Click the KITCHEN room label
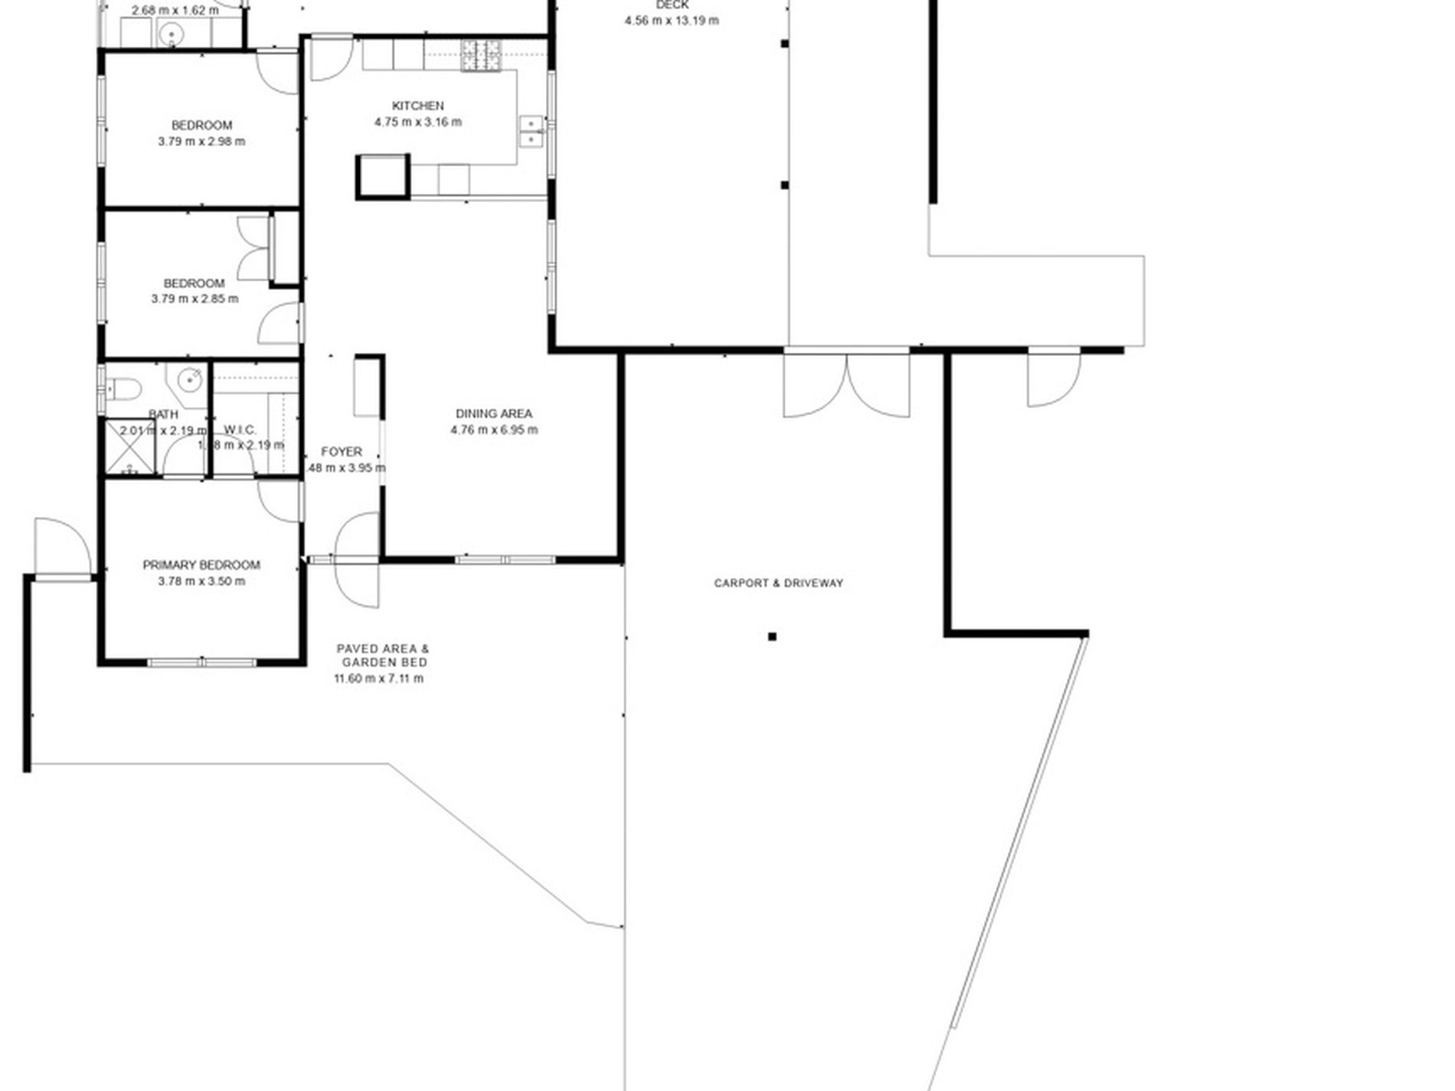click(x=417, y=106)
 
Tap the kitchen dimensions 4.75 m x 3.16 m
click(x=417, y=122)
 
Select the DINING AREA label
click(x=493, y=413)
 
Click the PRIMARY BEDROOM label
click(x=201, y=565)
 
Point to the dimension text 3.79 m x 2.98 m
click(x=201, y=142)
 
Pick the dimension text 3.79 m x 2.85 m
click(x=195, y=299)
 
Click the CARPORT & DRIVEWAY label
click(x=778, y=583)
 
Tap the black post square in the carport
click(x=772, y=636)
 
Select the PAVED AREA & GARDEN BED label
click(x=383, y=655)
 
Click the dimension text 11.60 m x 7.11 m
click(x=378, y=678)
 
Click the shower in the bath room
click(x=129, y=448)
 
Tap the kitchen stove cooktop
click(x=480, y=56)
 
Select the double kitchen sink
click(x=531, y=131)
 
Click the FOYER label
click(x=341, y=452)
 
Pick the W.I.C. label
click(x=240, y=430)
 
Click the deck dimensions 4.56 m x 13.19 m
click(x=671, y=21)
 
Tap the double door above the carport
click(x=846, y=383)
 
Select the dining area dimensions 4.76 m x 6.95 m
click(x=493, y=430)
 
